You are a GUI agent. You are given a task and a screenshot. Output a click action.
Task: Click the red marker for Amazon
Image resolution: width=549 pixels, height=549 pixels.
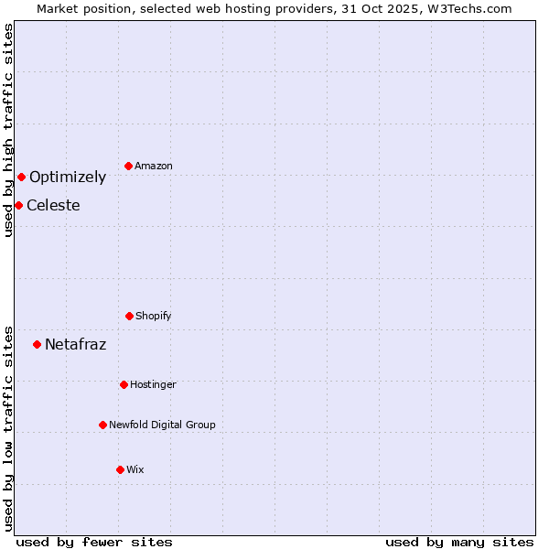[x=128, y=166]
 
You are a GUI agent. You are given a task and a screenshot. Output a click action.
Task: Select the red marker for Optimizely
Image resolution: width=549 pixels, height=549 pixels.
[x=21, y=177]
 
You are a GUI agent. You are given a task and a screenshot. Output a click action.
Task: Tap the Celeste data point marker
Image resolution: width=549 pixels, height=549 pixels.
[x=18, y=205]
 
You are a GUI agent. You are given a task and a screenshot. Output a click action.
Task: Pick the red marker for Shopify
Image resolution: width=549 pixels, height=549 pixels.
[x=129, y=316]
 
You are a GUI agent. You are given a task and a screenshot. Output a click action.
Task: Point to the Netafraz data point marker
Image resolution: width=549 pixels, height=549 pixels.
[x=37, y=344]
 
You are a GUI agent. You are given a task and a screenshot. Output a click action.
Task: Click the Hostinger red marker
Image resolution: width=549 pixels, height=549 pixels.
[x=124, y=384]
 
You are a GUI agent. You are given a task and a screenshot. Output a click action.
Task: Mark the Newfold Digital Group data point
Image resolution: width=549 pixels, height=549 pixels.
[x=102, y=425]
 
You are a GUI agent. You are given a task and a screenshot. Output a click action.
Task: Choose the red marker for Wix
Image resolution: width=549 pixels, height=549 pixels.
[x=120, y=469]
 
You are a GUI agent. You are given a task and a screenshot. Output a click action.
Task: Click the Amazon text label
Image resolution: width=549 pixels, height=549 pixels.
[x=154, y=166]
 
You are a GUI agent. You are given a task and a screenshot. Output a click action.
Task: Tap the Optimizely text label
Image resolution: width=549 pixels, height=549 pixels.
[x=68, y=178]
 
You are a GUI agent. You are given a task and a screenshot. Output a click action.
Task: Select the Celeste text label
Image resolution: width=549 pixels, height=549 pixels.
[x=53, y=205]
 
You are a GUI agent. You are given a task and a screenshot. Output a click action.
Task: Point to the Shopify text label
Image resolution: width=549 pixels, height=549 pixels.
[x=154, y=316]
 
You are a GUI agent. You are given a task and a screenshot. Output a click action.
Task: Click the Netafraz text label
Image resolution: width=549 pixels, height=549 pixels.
[x=75, y=345]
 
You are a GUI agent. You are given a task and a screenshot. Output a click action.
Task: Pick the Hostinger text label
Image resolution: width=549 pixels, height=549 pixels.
[x=153, y=384]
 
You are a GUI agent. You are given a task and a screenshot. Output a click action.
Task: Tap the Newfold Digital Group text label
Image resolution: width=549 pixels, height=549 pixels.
[x=162, y=425]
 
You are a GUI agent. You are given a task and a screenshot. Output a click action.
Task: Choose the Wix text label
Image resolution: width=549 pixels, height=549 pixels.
[x=135, y=469]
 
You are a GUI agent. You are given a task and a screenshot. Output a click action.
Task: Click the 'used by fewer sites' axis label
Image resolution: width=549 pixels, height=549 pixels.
[x=94, y=542]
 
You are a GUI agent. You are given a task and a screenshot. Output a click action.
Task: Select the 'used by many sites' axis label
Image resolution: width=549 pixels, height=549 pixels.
[x=459, y=542]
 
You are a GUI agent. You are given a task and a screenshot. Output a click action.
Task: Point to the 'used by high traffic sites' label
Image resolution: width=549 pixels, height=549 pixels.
[x=8, y=130]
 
